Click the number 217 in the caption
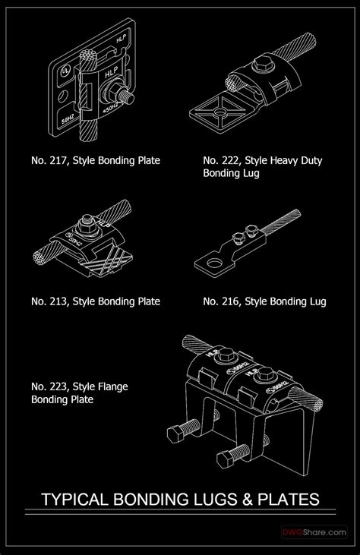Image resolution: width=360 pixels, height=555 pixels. [57, 161]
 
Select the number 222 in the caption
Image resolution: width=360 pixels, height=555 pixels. [229, 161]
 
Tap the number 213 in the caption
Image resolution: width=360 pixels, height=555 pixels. [57, 301]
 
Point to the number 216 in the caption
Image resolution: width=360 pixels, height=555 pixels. [229, 301]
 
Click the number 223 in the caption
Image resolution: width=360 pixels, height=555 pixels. [57, 387]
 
